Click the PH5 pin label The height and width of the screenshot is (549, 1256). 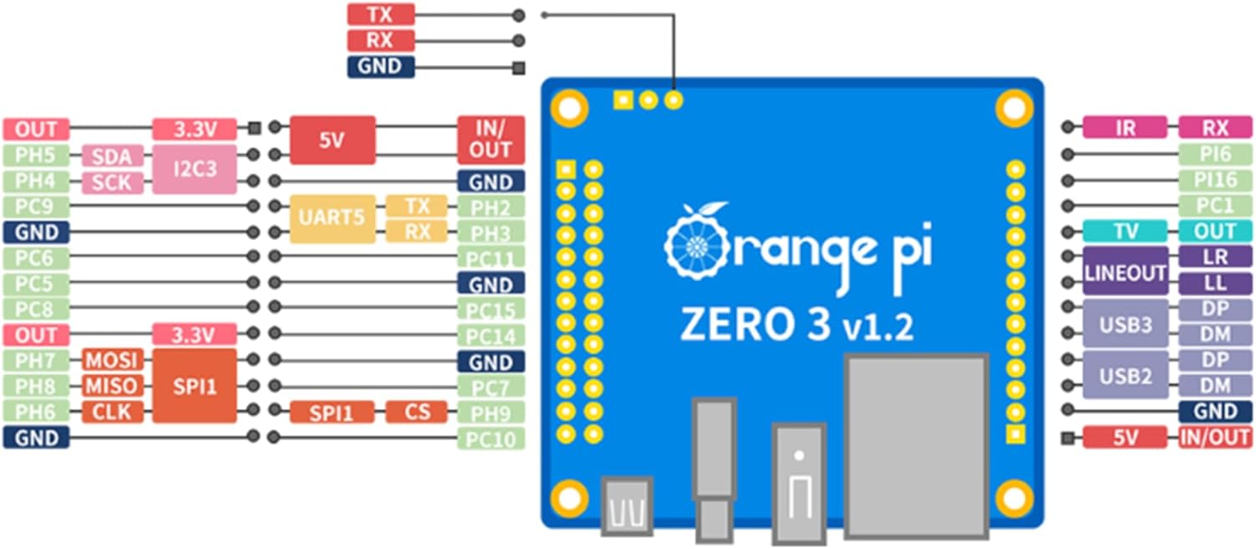36,155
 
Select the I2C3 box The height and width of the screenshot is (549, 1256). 194,168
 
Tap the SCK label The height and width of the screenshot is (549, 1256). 112,182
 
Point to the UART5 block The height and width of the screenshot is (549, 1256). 332,218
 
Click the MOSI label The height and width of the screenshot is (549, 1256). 112,361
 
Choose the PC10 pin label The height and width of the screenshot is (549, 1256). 490,439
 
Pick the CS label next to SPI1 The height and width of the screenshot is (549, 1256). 416,412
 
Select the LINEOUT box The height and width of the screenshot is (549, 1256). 1125,270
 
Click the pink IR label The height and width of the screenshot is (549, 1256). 1125,127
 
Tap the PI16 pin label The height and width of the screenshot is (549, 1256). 1215,180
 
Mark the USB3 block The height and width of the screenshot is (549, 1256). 1125,323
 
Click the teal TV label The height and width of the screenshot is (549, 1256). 1125,231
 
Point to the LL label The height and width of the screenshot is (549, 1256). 1215,284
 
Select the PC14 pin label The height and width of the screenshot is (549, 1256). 490,336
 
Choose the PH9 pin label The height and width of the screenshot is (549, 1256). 490,413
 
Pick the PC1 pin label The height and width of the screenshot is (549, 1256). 1215,206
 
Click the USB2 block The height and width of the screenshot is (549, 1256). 1125,375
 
